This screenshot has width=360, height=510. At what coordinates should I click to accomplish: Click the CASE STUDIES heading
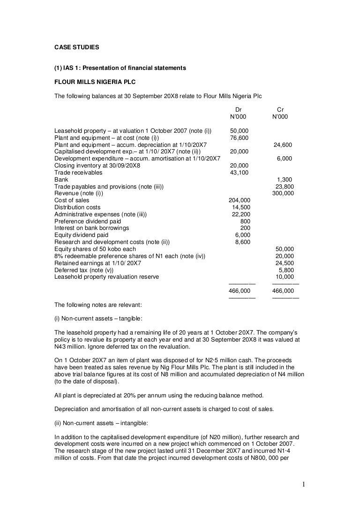tap(77, 47)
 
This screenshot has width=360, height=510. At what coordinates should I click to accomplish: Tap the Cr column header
tap(280, 110)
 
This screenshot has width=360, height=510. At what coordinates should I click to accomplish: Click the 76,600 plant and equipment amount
tap(239, 138)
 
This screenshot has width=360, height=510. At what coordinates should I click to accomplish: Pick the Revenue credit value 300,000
tap(283, 193)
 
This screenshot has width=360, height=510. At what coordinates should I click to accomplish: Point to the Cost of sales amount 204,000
tap(239, 200)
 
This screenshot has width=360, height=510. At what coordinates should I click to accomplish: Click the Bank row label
tap(61, 180)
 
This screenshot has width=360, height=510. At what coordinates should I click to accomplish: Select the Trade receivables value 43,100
tap(239, 173)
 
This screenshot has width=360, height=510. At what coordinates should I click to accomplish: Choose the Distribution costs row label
tap(77, 207)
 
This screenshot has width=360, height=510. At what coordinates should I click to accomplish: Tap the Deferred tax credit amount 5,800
tap(286, 270)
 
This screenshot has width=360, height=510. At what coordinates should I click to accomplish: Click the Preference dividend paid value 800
tap(245, 221)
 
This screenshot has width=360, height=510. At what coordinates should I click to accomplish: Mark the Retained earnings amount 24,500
tap(285, 263)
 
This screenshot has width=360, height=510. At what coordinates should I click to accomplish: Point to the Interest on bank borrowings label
tap(92, 228)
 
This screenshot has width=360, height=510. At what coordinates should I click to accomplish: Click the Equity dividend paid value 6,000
tap(242, 235)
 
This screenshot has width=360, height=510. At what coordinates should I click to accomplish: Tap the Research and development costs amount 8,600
tap(242, 242)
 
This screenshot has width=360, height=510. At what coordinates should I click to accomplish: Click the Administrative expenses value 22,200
tap(241, 214)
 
